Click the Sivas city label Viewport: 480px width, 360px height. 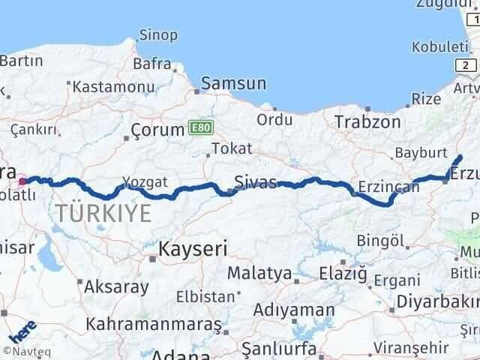(255, 182)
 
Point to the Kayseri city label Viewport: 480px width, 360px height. (193, 249)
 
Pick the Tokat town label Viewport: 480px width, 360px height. (232, 148)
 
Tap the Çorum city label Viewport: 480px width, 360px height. (157, 129)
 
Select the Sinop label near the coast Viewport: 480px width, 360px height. (158, 34)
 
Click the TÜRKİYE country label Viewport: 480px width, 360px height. (103, 214)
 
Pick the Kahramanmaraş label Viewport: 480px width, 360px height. (154, 324)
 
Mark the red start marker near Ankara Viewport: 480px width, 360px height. (23, 181)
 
